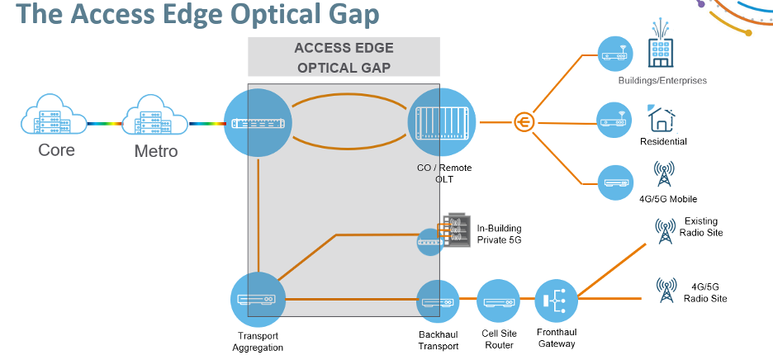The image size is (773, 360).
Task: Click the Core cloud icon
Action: click(x=55, y=119)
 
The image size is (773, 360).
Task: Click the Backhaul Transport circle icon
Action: click(x=438, y=302)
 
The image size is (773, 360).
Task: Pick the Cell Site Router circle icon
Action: click(x=499, y=302)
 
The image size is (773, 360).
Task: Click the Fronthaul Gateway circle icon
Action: click(x=556, y=302)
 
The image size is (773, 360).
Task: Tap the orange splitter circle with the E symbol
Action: click(x=523, y=122)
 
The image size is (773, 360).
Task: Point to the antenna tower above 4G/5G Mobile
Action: click(x=663, y=174)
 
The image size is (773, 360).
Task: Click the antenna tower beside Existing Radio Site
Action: click(x=664, y=230)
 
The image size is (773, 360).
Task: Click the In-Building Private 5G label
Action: click(x=499, y=234)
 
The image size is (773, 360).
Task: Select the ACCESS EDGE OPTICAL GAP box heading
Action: click(x=344, y=58)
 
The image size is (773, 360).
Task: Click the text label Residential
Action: click(x=663, y=142)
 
